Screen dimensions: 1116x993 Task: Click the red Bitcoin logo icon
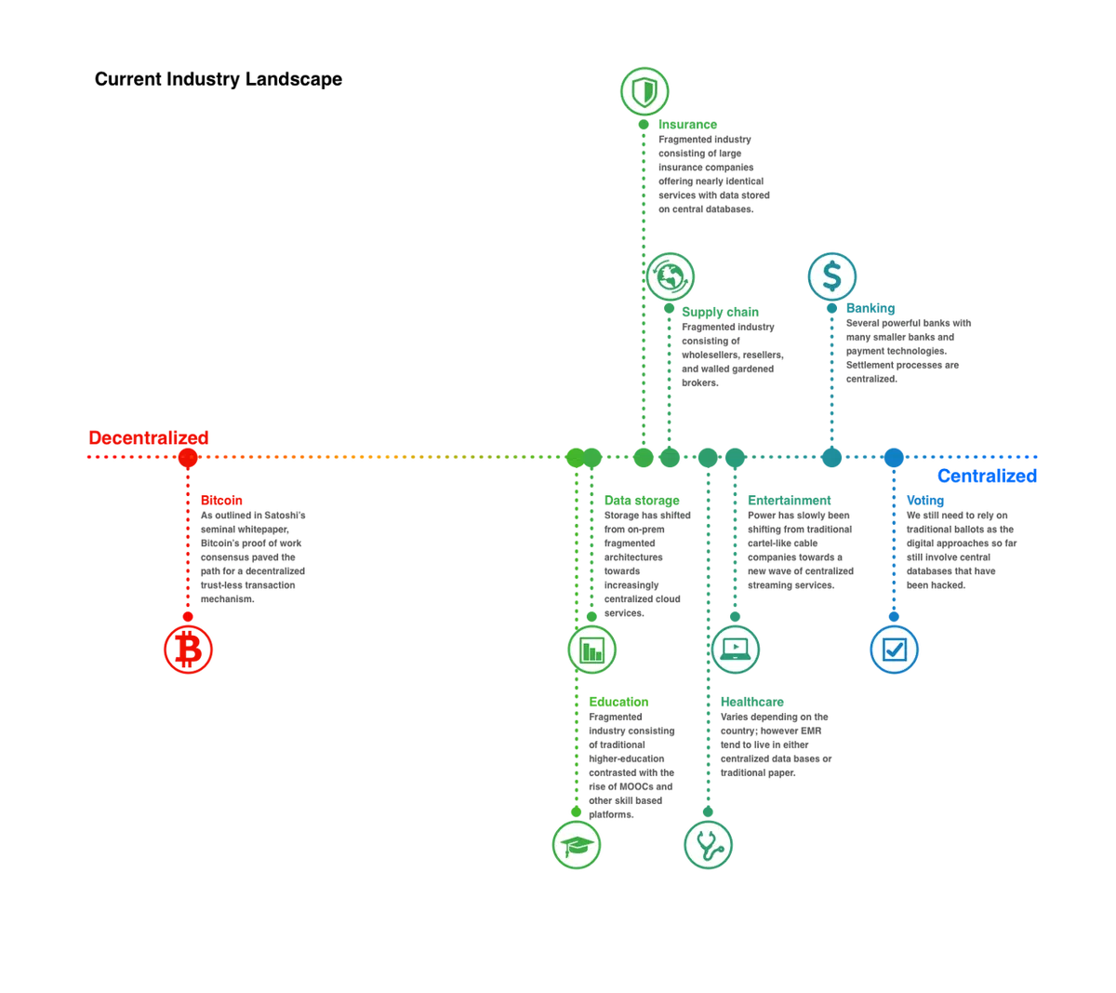[188, 649]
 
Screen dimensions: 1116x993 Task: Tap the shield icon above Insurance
[644, 91]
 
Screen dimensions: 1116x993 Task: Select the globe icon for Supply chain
[670, 276]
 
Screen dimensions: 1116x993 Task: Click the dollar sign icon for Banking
[831, 276]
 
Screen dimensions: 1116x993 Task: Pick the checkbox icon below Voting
[894, 649]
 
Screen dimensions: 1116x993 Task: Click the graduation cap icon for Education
[577, 845]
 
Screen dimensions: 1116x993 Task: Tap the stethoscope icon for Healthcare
[708, 845]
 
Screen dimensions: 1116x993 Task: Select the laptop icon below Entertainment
[735, 649]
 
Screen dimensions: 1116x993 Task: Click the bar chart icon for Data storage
[591, 649]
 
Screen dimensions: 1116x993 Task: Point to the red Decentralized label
[149, 437]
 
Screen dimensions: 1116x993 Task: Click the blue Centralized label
[987, 476]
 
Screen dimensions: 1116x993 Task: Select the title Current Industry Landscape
[219, 79]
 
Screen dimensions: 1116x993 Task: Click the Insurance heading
[687, 125]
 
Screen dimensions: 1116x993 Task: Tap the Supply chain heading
[720, 312]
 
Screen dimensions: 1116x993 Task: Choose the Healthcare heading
[751, 702]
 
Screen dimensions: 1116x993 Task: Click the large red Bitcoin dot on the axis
[188, 457]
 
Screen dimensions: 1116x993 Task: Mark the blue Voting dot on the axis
[894, 457]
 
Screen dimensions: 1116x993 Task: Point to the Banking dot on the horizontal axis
[831, 457]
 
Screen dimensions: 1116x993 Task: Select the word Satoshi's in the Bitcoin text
[285, 515]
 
